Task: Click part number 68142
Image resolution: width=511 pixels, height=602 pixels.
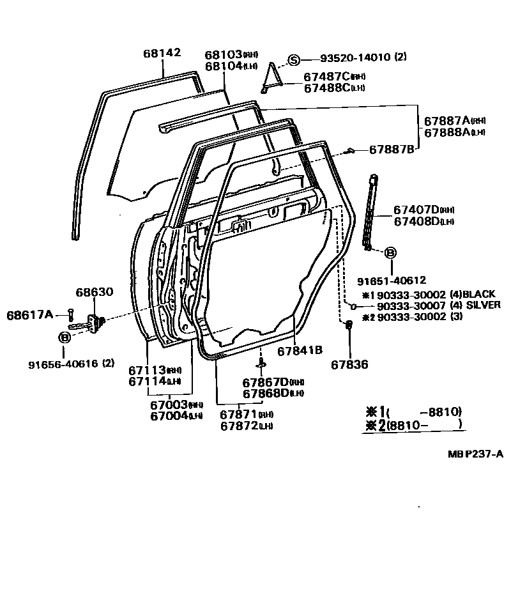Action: click(162, 53)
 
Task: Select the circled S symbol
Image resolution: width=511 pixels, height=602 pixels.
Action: click(293, 60)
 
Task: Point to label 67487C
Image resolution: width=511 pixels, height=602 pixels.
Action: click(327, 76)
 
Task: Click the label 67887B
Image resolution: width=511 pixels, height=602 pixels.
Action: click(392, 150)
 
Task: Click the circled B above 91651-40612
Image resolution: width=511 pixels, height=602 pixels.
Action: click(390, 253)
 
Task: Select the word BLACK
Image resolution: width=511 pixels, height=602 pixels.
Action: click(478, 294)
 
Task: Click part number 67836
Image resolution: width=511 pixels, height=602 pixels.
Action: click(350, 365)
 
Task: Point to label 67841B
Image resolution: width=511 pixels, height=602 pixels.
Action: click(300, 350)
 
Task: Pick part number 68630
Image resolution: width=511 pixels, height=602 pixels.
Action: click(94, 292)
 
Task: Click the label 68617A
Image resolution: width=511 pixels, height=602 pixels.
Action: click(33, 314)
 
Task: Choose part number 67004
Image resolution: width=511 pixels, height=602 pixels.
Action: click(169, 416)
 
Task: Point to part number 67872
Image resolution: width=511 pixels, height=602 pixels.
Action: click(239, 426)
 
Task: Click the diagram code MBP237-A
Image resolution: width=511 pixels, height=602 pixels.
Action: click(475, 454)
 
